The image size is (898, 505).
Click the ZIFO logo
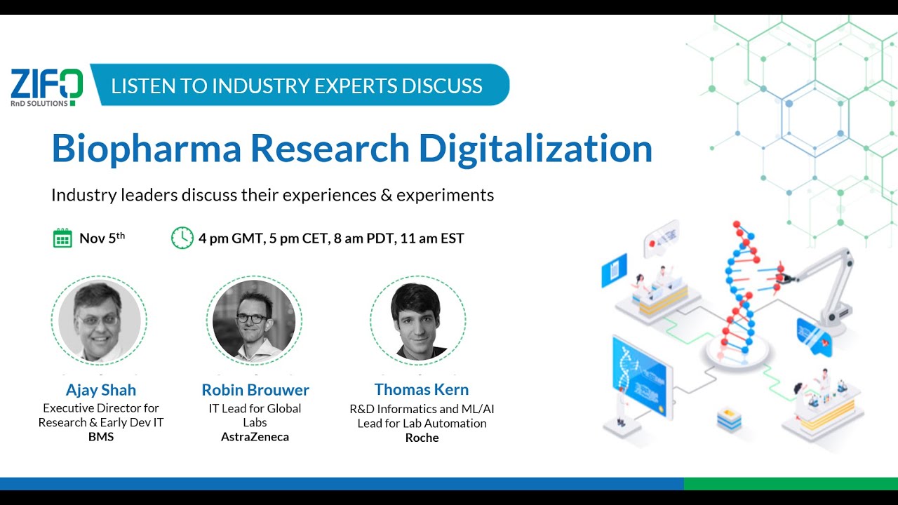46,87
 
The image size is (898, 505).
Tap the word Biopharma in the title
146,148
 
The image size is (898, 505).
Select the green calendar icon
62,238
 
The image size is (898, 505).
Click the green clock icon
182,238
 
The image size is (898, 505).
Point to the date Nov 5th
102,238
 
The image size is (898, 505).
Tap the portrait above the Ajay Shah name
99,321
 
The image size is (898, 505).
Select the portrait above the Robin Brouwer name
254,320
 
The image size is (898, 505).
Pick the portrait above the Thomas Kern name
418,321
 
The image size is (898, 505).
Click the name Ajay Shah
100,390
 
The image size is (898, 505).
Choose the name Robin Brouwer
255,390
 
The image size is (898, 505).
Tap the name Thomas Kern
421,389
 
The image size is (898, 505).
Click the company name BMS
100,437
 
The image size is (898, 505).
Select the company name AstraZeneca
255,437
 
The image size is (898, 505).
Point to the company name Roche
422,438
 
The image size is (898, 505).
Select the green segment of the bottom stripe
790,484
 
